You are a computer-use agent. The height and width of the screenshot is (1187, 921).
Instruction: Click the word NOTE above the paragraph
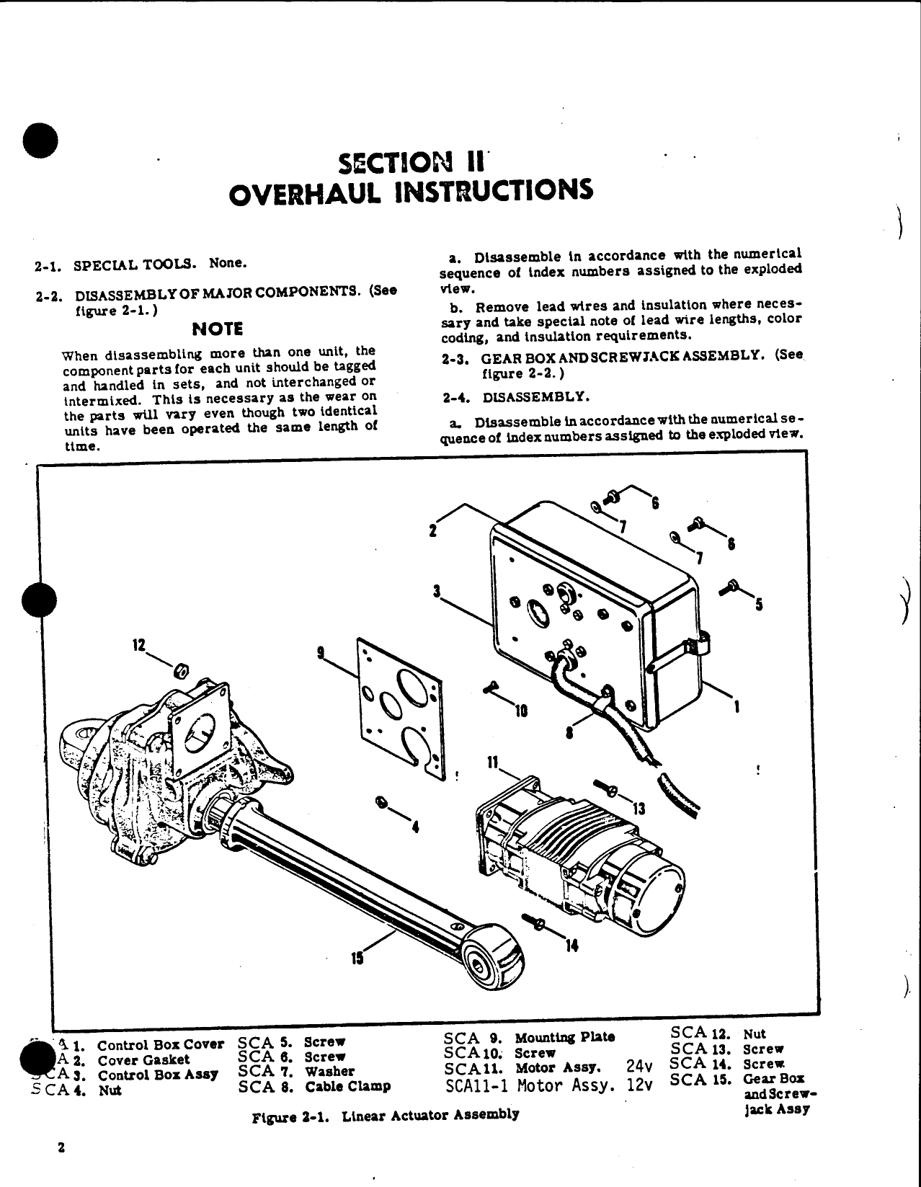pos(218,329)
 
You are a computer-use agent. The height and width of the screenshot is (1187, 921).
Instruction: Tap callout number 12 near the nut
pos(139,644)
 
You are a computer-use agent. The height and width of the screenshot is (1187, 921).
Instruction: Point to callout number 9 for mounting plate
pos(321,654)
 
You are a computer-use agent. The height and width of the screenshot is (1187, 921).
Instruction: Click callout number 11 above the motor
pos(493,761)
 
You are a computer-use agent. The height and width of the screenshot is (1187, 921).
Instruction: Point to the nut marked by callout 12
pos(182,672)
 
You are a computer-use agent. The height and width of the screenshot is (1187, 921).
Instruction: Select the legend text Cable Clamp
pos(347,1087)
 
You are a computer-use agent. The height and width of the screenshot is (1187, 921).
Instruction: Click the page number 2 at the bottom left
pos(62,1149)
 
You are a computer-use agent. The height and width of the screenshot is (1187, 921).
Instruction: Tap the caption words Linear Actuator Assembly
pos(430,1115)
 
